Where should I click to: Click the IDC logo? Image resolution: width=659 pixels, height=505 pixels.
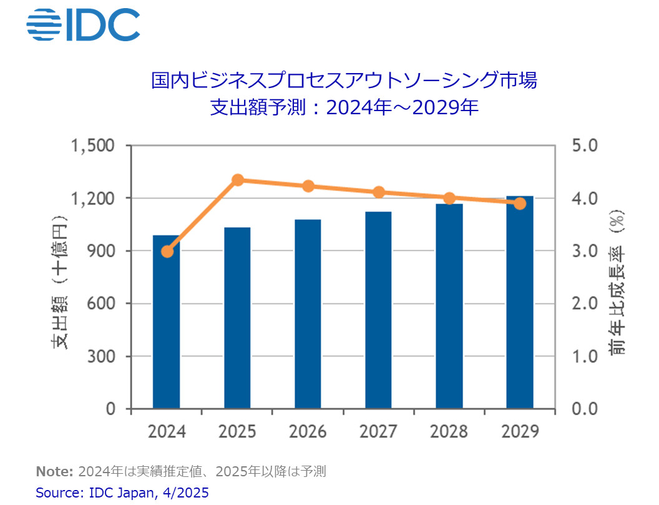(x=83, y=24)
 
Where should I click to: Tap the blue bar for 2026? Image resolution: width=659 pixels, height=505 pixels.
(x=308, y=315)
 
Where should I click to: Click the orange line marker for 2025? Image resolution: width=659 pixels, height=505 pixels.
(x=238, y=180)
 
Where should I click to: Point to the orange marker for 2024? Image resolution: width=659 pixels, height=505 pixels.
(x=167, y=252)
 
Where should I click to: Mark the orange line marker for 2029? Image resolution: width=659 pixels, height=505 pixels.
(x=519, y=203)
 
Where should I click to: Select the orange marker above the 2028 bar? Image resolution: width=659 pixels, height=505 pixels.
(x=449, y=199)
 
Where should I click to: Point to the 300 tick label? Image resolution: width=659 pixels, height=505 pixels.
(x=102, y=357)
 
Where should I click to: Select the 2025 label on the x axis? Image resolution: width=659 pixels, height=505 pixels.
(x=237, y=431)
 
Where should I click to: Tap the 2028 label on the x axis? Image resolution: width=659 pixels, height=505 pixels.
(x=449, y=431)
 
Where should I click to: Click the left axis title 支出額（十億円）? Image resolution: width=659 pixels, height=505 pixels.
(x=59, y=281)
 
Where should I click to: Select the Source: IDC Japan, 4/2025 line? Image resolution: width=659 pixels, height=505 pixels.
(x=122, y=493)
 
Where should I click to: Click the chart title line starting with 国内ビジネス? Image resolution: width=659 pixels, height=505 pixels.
(x=344, y=81)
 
